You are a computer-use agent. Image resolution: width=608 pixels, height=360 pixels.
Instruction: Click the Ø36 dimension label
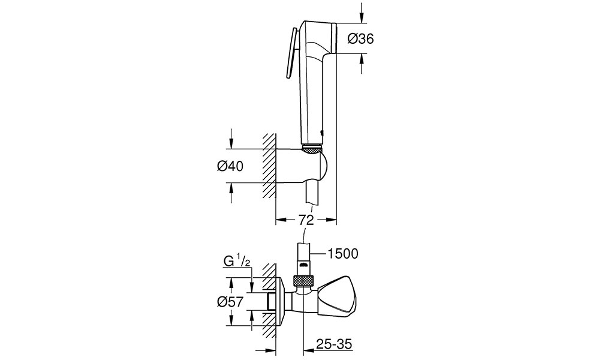360,38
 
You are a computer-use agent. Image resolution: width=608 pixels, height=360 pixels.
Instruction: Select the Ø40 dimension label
230,166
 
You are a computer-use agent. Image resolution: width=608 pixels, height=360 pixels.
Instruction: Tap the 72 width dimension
306,220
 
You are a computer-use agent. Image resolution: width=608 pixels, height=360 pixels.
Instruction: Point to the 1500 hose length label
343,254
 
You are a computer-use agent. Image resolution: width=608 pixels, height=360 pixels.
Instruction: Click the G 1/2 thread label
237,262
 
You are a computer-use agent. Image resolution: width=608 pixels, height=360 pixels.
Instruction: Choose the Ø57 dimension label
230,301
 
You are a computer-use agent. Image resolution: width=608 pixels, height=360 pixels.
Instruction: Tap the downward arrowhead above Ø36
362,18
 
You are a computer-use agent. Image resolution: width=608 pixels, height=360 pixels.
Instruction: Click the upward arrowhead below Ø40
231,188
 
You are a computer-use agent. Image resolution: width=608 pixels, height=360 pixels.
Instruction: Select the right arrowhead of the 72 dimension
331,220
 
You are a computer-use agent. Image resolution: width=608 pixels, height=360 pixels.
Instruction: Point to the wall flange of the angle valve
281,301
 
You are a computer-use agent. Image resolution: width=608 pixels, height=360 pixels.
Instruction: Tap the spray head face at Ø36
334,38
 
